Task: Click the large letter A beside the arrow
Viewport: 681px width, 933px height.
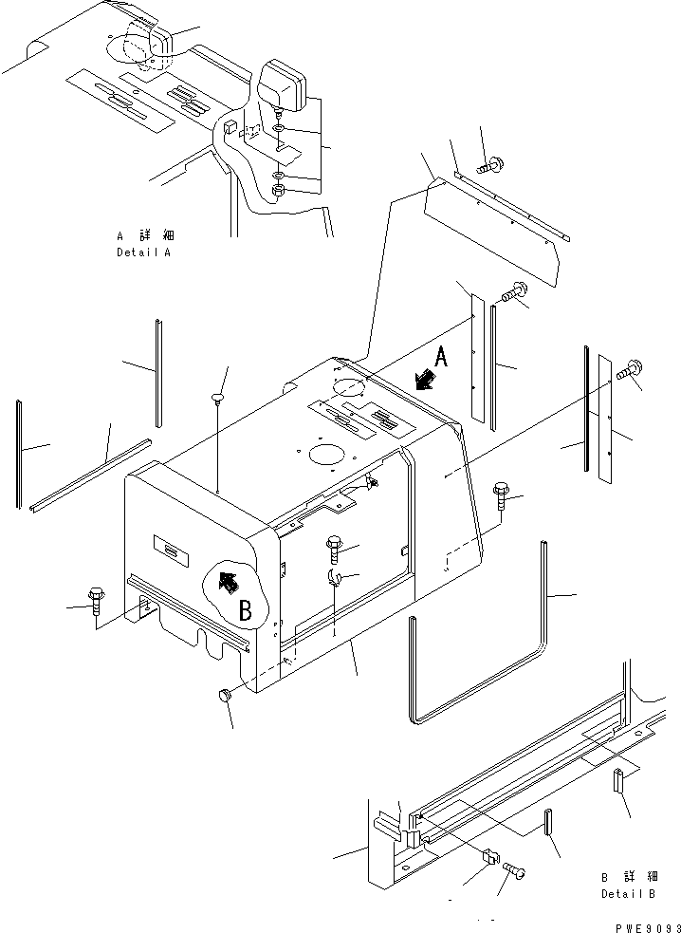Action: click(x=440, y=358)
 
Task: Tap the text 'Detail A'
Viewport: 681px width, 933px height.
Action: click(x=143, y=252)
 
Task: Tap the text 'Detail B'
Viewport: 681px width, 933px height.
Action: click(x=629, y=893)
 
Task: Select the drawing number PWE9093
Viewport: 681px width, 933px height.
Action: click(x=647, y=927)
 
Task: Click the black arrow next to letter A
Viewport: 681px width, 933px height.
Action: click(x=425, y=380)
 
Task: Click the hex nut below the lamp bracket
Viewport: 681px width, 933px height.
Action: click(x=278, y=191)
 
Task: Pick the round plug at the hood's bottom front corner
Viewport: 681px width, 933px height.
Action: click(x=225, y=695)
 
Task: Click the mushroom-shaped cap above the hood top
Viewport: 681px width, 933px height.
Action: click(x=218, y=398)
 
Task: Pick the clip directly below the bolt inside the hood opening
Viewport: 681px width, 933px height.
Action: click(x=334, y=576)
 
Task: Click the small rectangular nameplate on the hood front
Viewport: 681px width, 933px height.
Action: click(x=172, y=551)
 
